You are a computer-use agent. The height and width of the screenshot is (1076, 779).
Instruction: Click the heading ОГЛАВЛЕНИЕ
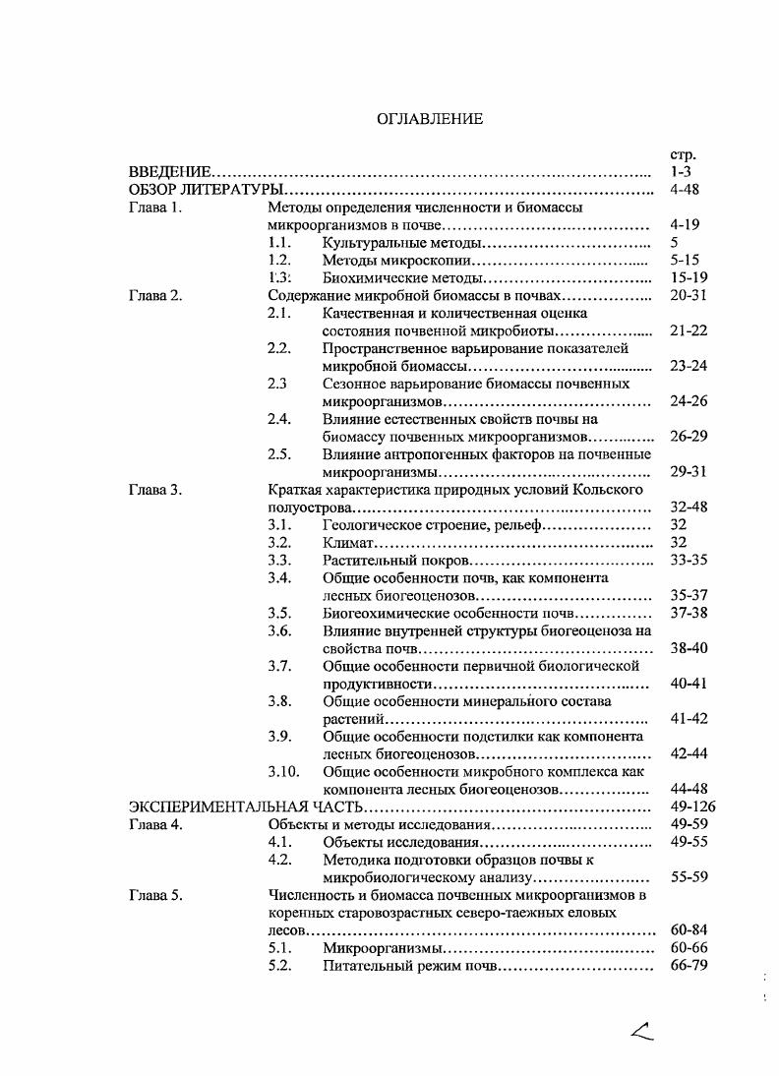pyautogui.click(x=430, y=119)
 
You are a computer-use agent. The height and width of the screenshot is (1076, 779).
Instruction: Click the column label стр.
pyautogui.click(x=682, y=154)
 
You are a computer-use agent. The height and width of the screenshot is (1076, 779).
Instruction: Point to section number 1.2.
pyautogui.click(x=281, y=261)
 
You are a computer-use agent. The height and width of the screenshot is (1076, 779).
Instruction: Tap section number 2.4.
pyautogui.click(x=281, y=419)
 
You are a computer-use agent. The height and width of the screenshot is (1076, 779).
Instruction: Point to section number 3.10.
pyautogui.click(x=283, y=772)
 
